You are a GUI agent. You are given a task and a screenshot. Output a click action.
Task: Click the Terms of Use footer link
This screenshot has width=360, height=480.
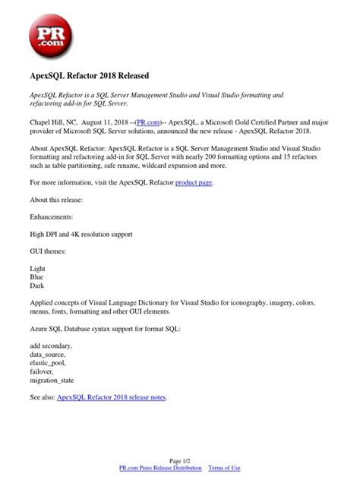tap(224, 469)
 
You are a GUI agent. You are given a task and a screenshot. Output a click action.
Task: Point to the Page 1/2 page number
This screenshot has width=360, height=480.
tap(180, 460)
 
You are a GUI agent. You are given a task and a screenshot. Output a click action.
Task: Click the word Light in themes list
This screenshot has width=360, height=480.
tap(38, 269)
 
